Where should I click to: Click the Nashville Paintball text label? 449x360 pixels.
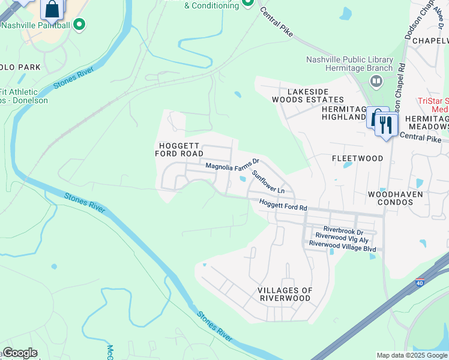pyautogui.click(x=35, y=25)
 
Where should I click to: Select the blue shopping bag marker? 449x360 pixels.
pyautogui.click(x=52, y=9)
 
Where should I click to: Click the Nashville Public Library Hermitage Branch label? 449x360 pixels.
pyautogui.click(x=349, y=64)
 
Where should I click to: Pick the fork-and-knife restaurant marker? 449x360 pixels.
pyautogui.click(x=385, y=125)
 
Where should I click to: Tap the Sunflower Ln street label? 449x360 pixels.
pyautogui.click(x=272, y=182)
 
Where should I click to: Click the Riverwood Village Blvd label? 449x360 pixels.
pyautogui.click(x=342, y=245)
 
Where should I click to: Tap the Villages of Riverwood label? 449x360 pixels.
pyautogui.click(x=285, y=294)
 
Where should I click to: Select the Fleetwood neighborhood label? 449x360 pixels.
pyautogui.click(x=357, y=158)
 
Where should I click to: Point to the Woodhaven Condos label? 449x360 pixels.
pyautogui.click(x=395, y=198)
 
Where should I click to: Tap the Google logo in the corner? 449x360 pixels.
pyautogui.click(x=19, y=353)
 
